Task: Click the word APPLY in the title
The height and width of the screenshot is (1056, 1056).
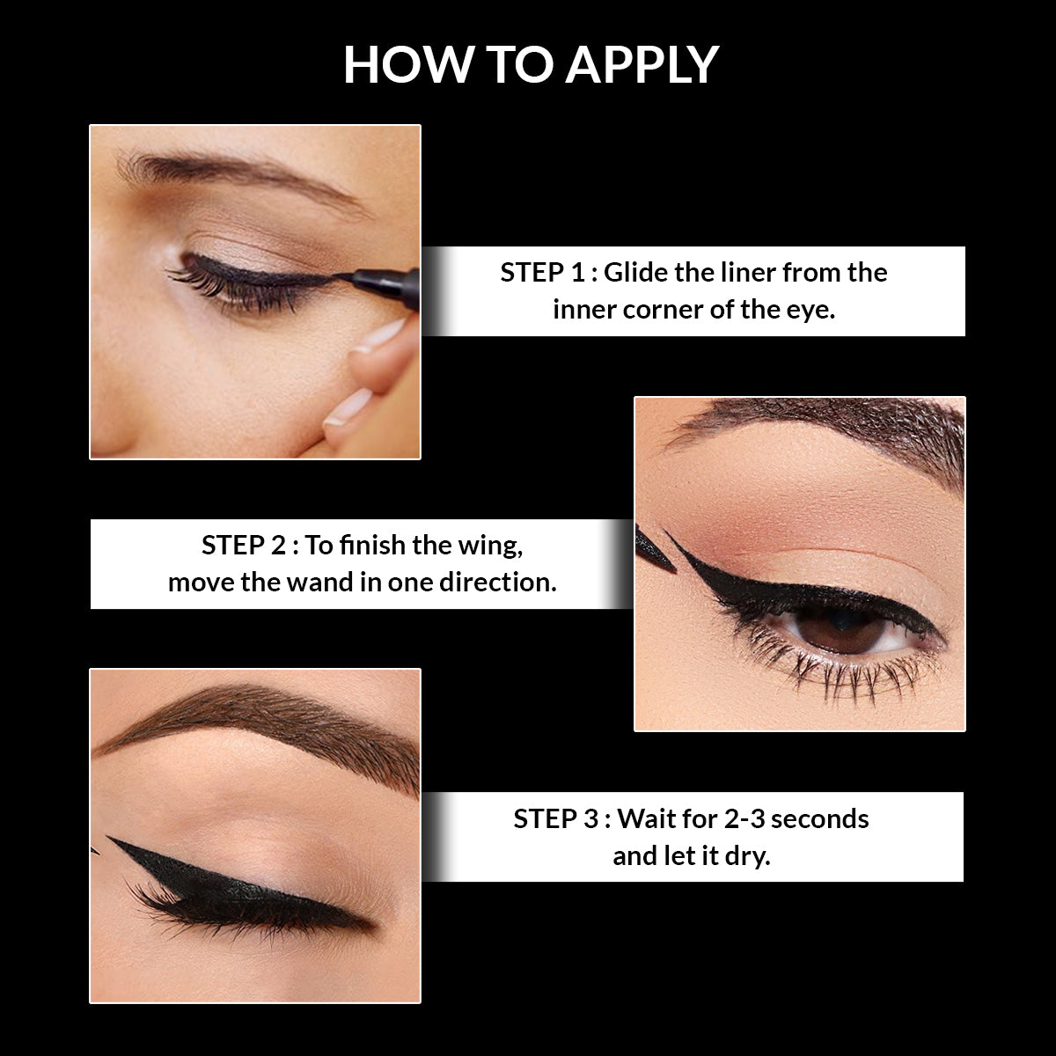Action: (642, 64)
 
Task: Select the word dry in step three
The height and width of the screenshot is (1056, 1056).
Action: (747, 856)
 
